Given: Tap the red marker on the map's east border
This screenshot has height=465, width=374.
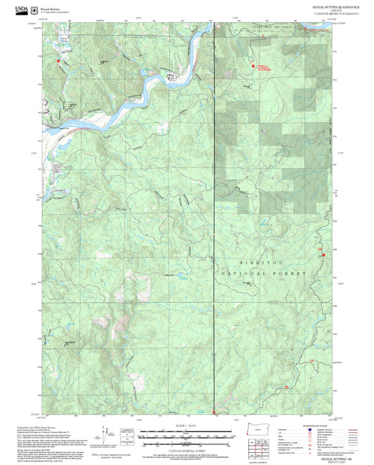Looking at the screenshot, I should click(323, 255).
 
